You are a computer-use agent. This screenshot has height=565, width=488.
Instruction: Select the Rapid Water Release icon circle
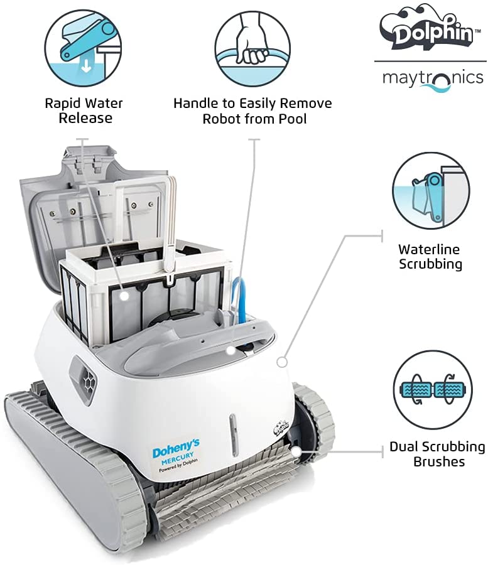pos(84,48)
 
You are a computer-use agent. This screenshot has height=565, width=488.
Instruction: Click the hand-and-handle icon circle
pos(252,48)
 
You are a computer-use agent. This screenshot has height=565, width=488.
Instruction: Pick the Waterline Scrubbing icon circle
pos(431,191)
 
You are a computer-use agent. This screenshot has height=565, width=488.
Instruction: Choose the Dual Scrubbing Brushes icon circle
pos(433,389)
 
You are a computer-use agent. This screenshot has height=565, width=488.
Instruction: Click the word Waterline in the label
pos(429,249)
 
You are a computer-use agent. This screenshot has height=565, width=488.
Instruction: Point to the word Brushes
pos(439,461)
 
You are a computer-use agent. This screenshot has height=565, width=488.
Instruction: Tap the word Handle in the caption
pos(196,104)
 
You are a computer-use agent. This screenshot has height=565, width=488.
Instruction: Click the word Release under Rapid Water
pos(85,118)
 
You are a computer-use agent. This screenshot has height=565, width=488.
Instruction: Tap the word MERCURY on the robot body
pos(177,458)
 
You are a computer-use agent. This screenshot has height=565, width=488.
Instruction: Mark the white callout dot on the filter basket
pos(124,296)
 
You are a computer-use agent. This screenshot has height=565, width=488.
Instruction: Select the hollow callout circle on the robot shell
pos(282,362)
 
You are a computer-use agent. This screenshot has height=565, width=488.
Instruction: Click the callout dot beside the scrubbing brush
pos(296,451)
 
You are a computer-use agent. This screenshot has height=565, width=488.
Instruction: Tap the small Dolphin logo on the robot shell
pos(280,429)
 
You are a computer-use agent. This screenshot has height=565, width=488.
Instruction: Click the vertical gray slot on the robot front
pos(233,434)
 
